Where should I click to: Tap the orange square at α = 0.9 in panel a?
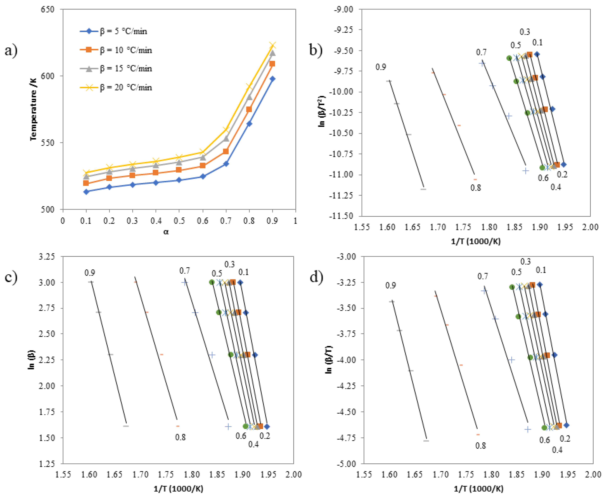272,64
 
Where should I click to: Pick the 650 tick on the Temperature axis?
47,10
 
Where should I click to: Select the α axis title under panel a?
166,232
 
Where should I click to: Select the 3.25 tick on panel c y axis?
47,256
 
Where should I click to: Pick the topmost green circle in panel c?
212,282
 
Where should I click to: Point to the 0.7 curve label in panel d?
483,276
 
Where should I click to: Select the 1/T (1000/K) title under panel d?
478,488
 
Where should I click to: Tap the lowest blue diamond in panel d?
566,425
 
